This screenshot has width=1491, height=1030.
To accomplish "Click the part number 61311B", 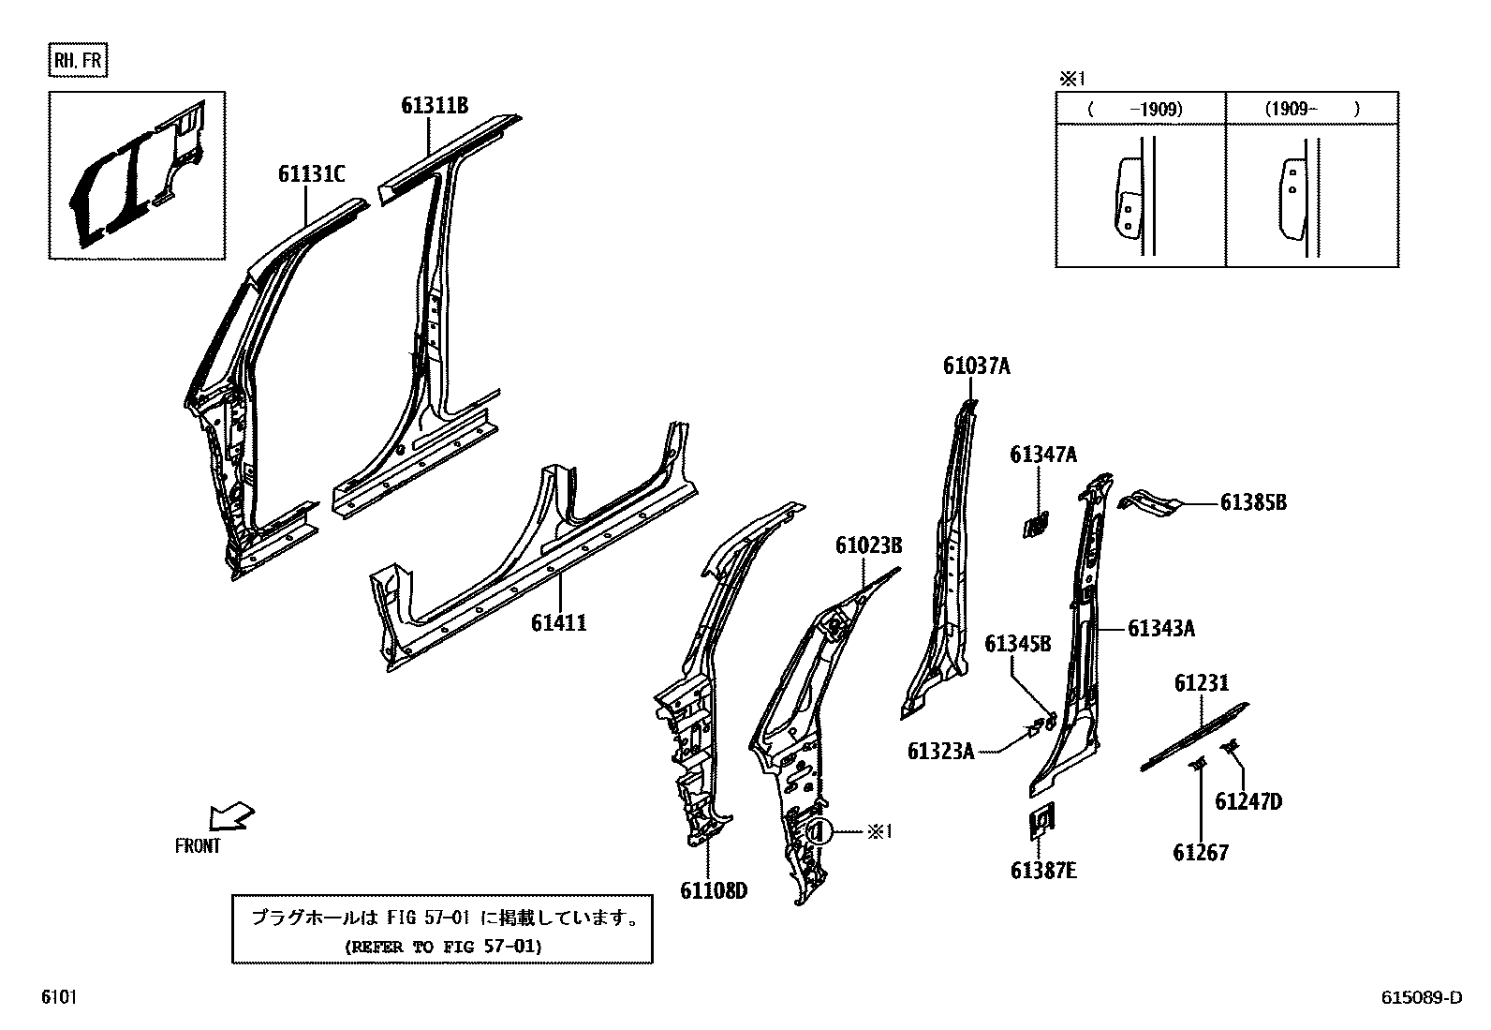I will [434, 106].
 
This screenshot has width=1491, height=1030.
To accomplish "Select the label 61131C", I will [311, 173].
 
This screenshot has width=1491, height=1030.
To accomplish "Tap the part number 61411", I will [559, 622].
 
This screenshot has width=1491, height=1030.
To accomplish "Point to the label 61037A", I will [977, 366].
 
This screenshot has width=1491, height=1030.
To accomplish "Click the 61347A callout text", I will [1043, 455].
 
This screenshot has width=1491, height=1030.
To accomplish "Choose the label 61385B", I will [1253, 503].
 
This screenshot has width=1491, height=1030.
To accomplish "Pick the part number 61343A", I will [1161, 629].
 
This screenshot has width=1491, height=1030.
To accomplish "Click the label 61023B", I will [869, 545].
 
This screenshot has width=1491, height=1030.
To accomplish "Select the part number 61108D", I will [714, 890].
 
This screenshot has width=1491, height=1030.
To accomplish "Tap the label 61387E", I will [1043, 871].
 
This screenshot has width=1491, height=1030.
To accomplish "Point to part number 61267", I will [1201, 853].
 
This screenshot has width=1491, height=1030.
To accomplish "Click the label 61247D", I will [1248, 801].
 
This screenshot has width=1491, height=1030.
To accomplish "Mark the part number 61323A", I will [940, 751].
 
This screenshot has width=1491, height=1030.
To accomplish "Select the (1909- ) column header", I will [1311, 109].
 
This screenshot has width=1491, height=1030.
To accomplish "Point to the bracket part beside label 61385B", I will [1151, 502].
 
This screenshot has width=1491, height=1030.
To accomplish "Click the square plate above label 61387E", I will [1040, 820].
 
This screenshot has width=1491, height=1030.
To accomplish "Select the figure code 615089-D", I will [1420, 998].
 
